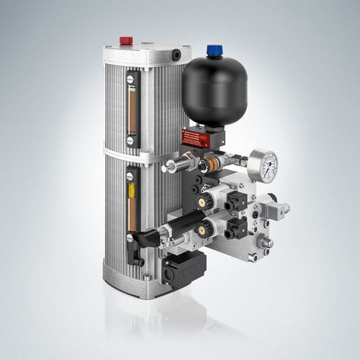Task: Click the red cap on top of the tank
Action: coord(125,40)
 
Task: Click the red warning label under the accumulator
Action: coord(195,138)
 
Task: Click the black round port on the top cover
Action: coord(176,55)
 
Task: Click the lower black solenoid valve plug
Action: coord(235,229)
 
